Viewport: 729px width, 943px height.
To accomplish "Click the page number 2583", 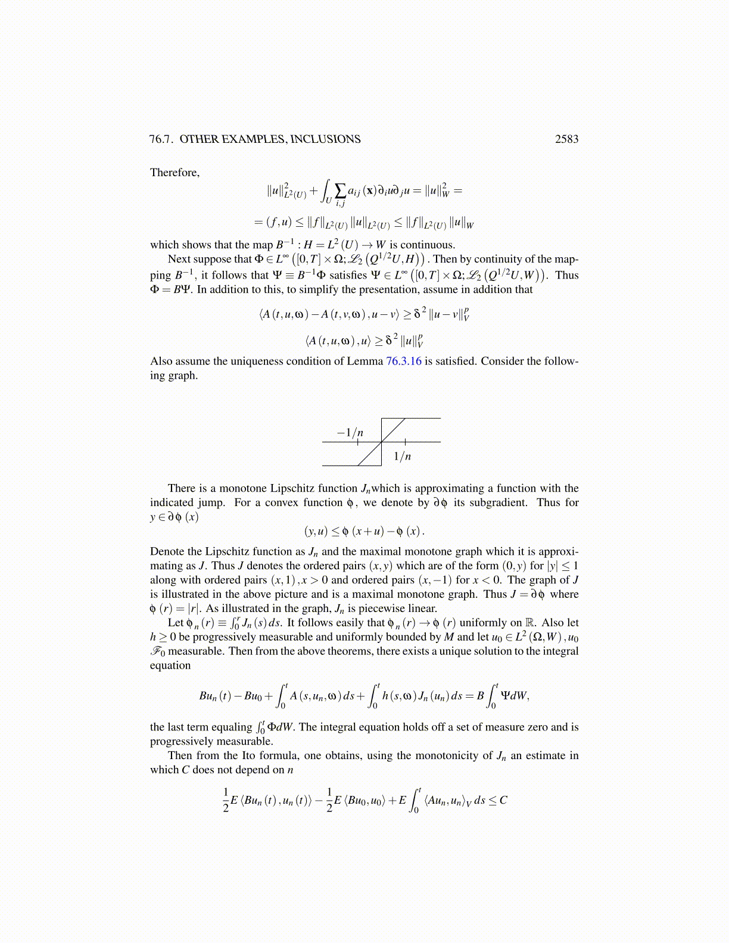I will pyautogui.click(x=566, y=139).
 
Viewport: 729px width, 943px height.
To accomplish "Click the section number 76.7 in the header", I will pyautogui.click(x=161, y=139).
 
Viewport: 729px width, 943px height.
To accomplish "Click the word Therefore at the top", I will pyautogui.click(x=175, y=173).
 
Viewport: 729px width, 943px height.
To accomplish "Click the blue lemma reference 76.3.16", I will pyautogui.click(x=404, y=361).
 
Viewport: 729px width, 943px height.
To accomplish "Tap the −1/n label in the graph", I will pyautogui.click(x=350, y=433).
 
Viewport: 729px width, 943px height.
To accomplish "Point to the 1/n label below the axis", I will pyautogui.click(x=403, y=457).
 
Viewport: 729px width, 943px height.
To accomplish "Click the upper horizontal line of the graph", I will pyautogui.click(x=417, y=419).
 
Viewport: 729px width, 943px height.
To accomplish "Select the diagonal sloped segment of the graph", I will pyautogui.click(x=381, y=442).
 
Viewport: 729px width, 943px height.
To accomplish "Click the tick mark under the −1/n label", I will pyautogui.click(x=357, y=442).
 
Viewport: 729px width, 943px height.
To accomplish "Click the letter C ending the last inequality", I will pyautogui.click(x=503, y=800).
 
